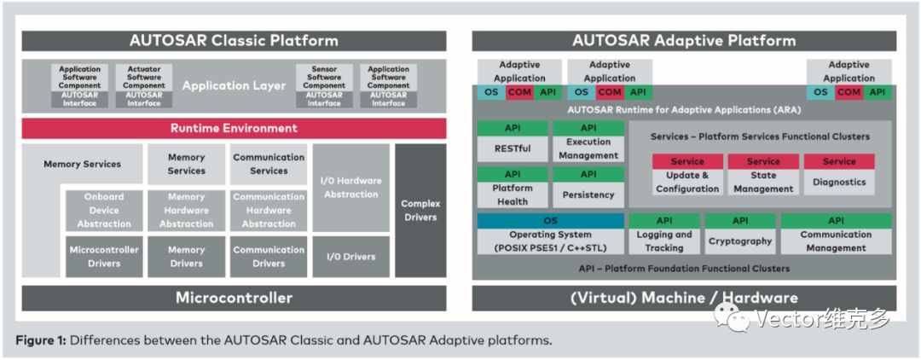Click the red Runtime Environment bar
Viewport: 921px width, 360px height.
(234, 128)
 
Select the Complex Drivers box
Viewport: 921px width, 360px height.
(420, 210)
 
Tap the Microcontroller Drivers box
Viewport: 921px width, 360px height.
(104, 257)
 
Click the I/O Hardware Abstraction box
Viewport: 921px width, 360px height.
(350, 187)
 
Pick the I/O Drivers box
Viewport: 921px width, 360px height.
(350, 256)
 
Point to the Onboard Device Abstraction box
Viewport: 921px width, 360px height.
(104, 210)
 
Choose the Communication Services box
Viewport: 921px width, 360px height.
(269, 164)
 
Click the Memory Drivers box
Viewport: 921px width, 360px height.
(186, 257)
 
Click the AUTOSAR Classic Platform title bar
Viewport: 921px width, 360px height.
(234, 40)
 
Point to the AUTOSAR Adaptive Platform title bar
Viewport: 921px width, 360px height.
(684, 40)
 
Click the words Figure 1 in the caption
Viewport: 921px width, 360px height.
(40, 340)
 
